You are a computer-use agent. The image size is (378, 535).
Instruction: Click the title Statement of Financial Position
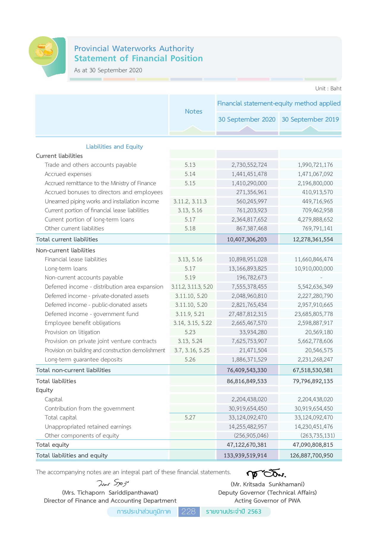pyautogui.click(x=138, y=58)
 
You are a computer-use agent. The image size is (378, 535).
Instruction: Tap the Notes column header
pyautogui.click(x=193, y=111)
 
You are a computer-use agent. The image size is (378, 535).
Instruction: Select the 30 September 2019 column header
pyautogui.click(x=310, y=119)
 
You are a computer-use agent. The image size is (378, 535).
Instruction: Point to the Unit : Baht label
pyautogui.click(x=328, y=89)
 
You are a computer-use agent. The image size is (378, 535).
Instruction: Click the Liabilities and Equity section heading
pyautogui.click(x=114, y=147)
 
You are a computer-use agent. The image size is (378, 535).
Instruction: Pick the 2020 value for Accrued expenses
pyautogui.click(x=249, y=174)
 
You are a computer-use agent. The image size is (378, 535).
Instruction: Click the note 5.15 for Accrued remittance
pyautogui.click(x=190, y=183)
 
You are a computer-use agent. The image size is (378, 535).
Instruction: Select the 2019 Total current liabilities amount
pyautogui.click(x=313, y=240)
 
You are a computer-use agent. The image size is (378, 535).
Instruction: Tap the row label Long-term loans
pyautogui.click(x=66, y=269)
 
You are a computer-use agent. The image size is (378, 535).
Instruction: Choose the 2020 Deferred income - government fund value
pyautogui.click(x=247, y=314)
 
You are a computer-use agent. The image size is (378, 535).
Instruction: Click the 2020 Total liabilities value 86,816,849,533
pyautogui.click(x=246, y=381)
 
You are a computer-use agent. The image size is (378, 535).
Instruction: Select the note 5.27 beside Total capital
pyautogui.click(x=190, y=418)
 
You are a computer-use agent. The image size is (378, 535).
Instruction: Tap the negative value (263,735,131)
pyautogui.click(x=317, y=436)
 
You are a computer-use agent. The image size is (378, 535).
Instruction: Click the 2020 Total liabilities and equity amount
pyautogui.click(x=245, y=456)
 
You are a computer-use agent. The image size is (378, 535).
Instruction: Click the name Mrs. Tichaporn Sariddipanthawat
pyautogui.click(x=110, y=492)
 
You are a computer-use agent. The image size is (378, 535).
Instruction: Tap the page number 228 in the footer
pyautogui.click(x=189, y=512)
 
